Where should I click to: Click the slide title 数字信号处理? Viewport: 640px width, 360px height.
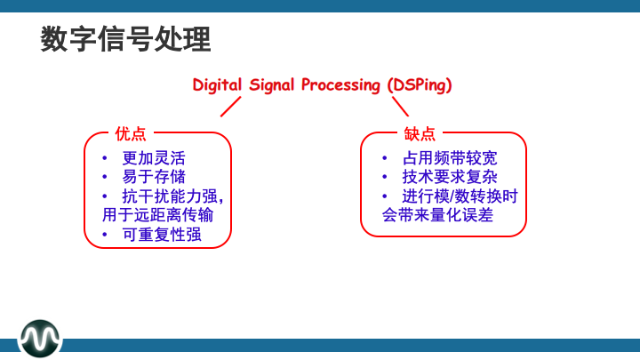tap(125, 39)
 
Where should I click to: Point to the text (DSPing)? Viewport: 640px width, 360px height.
tap(420, 85)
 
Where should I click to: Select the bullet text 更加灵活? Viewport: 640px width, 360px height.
tap(154, 158)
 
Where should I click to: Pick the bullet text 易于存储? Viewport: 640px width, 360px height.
tap(154, 177)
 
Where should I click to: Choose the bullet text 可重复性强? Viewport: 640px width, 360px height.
tap(162, 234)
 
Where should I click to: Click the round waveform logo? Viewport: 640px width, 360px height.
tap(41, 338)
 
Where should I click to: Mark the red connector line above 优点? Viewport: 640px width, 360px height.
tap(231, 107)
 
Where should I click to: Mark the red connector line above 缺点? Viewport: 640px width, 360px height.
tap(400, 107)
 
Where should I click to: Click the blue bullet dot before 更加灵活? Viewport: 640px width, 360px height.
tap(104, 158)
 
